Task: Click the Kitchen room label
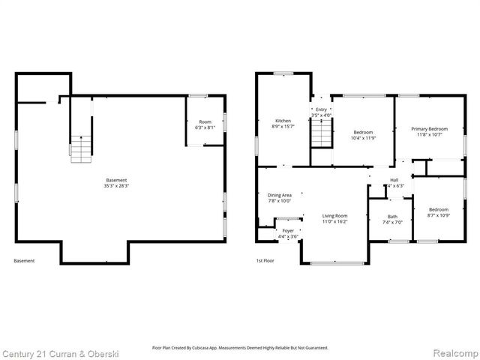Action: tap(283, 121)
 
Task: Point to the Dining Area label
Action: tap(279, 195)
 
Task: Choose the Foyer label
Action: tap(289, 231)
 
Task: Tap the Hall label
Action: tap(394, 180)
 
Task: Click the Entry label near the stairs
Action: tap(321, 109)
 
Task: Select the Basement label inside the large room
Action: tap(116, 180)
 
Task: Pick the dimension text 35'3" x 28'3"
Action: tap(116, 186)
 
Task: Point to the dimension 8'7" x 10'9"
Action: tap(439, 216)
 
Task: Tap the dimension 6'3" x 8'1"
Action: tap(205, 128)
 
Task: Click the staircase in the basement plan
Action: tap(79, 148)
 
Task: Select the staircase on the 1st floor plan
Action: tap(321, 135)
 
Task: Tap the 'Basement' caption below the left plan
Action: tap(24, 261)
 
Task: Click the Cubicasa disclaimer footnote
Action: tap(240, 348)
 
